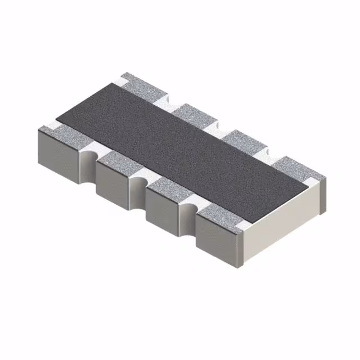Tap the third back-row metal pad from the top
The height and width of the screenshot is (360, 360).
click(x=242, y=141)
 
